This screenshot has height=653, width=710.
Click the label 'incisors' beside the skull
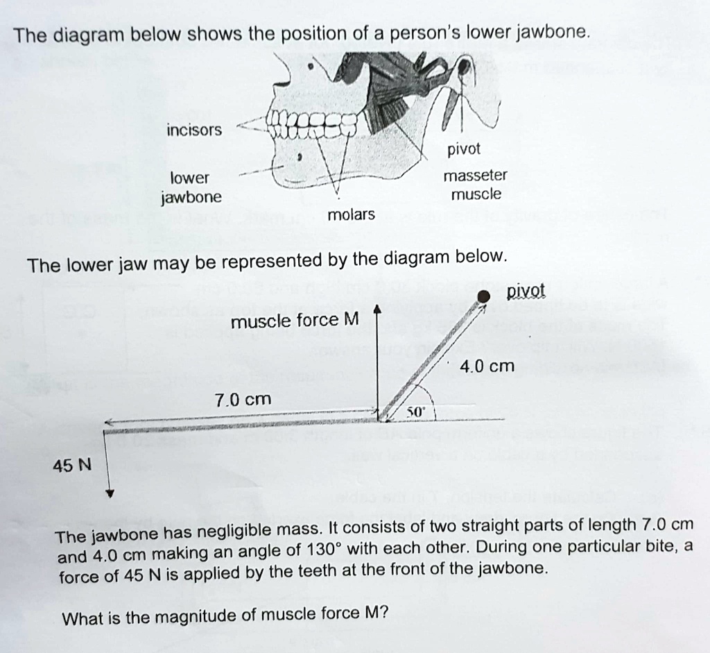tap(194, 130)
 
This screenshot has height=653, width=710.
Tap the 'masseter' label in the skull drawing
tap(475, 176)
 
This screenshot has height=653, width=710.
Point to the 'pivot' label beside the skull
tap(464, 149)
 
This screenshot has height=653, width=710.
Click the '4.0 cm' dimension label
tap(487, 366)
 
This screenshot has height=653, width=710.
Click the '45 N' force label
tap(72, 464)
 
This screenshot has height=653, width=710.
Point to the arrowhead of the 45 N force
tap(109, 495)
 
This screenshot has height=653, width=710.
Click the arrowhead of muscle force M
tap(376, 309)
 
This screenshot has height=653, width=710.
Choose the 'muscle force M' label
tap(295, 321)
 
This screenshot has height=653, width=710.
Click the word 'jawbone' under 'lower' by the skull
tap(191, 197)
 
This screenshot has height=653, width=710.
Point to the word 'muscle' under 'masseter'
tap(475, 194)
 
